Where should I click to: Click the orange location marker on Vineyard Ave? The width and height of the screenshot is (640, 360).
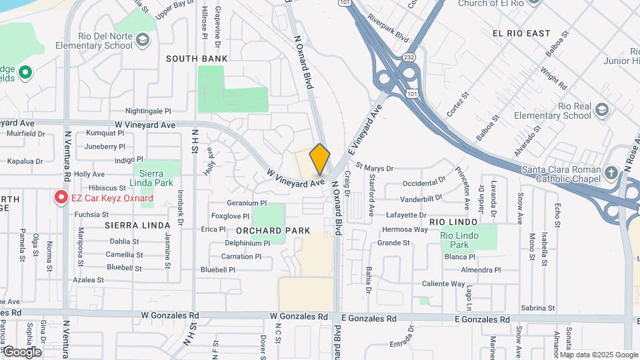pos(319,159)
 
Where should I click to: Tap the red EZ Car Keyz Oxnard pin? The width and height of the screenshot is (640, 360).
pos(61,197)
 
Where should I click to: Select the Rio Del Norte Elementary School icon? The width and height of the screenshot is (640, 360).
pos(142,40)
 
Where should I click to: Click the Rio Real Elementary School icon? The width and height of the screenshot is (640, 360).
pos(603,109)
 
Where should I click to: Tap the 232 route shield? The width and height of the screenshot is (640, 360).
pos(409,58)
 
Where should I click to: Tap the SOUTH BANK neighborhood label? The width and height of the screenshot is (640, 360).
pos(197,59)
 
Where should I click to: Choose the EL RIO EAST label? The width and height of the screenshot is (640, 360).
pos(521,33)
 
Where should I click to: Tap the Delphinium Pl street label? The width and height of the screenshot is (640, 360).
pos(247,243)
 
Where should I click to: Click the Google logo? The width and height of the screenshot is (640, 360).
pos(22,351)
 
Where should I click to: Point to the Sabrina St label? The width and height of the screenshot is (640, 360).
pos(538,308)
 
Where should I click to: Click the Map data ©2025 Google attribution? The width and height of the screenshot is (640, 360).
pos(598,355)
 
